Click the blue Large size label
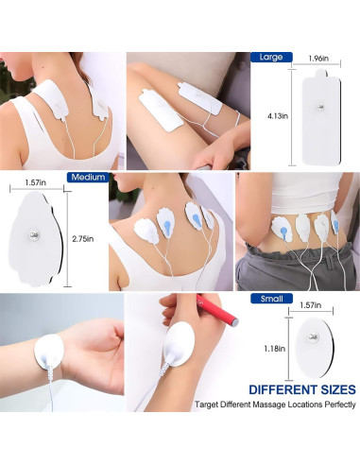pyautogui.click(x=270, y=57)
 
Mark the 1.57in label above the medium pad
pyautogui.click(x=36, y=183)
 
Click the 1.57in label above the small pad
pyautogui.click(x=318, y=306)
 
